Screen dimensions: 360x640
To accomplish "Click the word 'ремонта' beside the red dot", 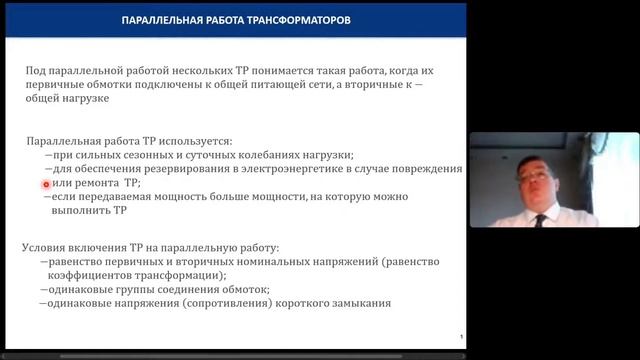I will [x=100, y=184].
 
